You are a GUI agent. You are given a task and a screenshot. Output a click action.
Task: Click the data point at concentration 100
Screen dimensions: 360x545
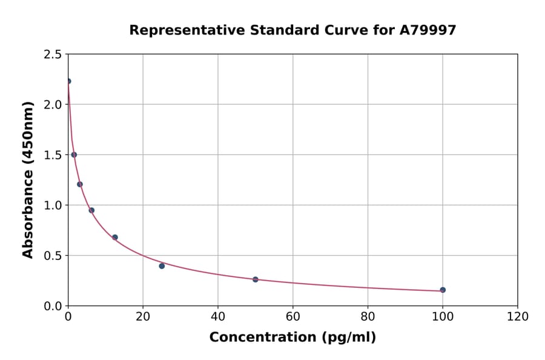click(x=443, y=290)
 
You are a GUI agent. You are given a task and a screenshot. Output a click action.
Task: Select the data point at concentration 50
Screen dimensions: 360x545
click(x=256, y=279)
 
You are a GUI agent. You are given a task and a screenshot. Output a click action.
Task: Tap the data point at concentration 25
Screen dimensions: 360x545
click(x=162, y=266)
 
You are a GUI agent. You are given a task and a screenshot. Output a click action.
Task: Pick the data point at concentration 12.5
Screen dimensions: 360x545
click(x=115, y=237)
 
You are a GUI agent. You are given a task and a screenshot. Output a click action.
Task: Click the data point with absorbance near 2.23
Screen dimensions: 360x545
click(x=68, y=81)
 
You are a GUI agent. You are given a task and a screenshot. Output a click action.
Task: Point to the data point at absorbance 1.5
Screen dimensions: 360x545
click(x=74, y=155)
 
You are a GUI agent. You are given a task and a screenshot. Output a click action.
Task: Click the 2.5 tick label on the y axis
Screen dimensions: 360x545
click(x=53, y=55)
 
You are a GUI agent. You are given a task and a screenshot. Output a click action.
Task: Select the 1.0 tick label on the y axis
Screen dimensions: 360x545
click(x=53, y=205)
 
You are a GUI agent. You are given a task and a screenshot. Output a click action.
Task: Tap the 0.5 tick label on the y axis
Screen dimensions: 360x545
click(x=53, y=256)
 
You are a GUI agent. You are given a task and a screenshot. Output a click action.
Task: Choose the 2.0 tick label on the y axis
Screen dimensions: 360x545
click(x=53, y=105)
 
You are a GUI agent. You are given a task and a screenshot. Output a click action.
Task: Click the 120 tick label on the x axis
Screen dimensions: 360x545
click(x=518, y=317)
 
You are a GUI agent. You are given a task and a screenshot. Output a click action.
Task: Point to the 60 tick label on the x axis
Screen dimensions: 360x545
click(x=293, y=317)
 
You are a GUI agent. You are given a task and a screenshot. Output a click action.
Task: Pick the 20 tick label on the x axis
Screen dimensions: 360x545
click(x=143, y=317)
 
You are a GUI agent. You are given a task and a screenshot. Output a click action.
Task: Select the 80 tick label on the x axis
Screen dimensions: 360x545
click(x=368, y=317)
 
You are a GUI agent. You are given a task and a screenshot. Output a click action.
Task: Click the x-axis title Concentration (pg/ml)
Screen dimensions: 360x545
click(x=292, y=338)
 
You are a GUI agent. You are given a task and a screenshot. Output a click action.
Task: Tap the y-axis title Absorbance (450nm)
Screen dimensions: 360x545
click(x=28, y=179)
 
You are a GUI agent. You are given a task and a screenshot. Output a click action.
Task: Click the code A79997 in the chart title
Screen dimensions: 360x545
click(x=428, y=30)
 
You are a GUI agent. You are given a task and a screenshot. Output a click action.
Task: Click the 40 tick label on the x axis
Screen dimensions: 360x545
click(x=218, y=317)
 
